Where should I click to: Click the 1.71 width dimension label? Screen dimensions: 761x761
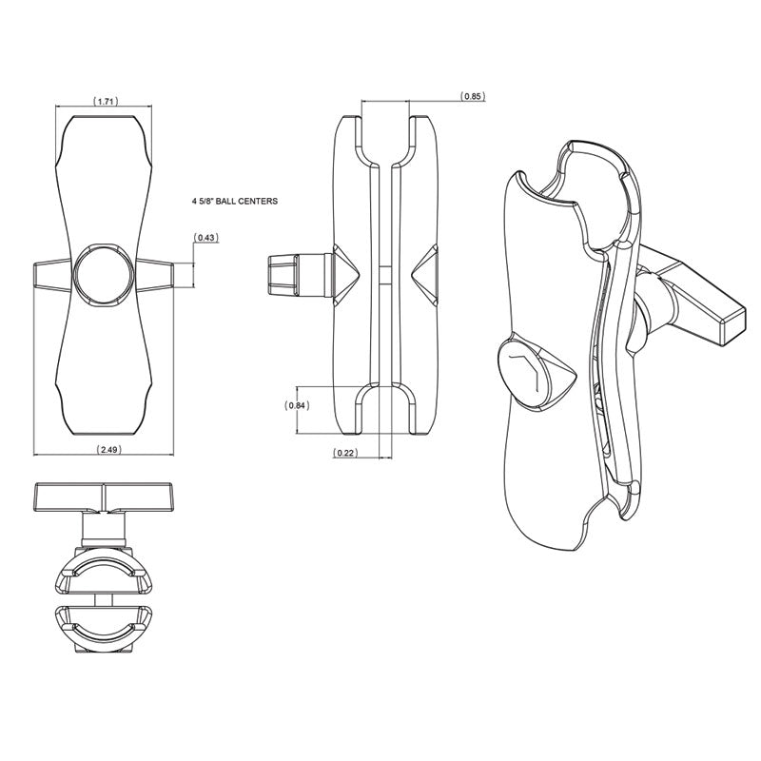pyautogui.click(x=106, y=102)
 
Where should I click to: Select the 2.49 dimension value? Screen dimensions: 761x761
pyautogui.click(x=108, y=450)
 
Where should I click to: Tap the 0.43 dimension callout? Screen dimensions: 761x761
pyautogui.click(x=206, y=238)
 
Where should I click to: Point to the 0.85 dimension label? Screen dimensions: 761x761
pyautogui.click(x=472, y=96)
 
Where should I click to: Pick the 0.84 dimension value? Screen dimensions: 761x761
pyautogui.click(x=297, y=406)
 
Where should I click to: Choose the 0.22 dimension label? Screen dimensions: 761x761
pyautogui.click(x=345, y=453)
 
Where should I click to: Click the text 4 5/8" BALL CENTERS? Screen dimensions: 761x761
pyautogui.click(x=235, y=201)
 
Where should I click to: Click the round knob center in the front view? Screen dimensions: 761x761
pyautogui.click(x=104, y=275)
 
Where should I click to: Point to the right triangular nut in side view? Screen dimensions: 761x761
pyautogui.click(x=424, y=275)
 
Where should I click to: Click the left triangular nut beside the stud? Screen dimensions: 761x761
pyautogui.click(x=345, y=275)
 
